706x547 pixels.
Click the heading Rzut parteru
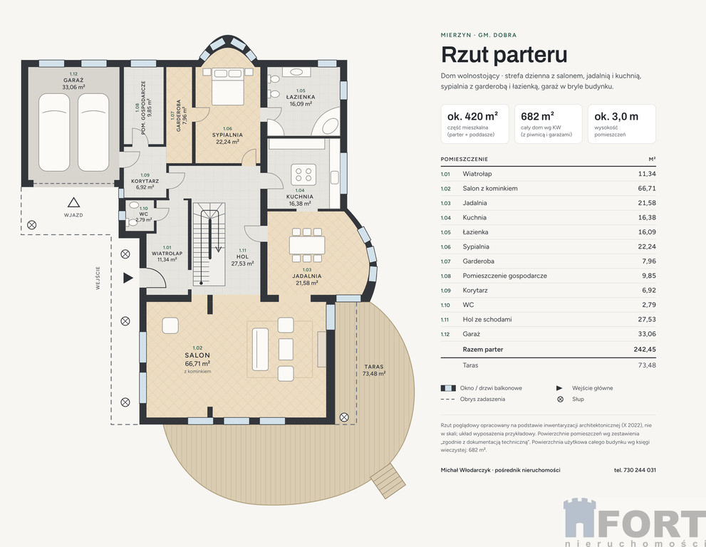(504, 54)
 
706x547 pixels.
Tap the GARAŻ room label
(73, 80)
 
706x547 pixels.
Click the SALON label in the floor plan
(197, 355)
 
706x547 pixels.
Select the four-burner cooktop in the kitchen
(303, 174)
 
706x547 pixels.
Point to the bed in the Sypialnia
(228, 86)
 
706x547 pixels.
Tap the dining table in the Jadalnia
(307, 245)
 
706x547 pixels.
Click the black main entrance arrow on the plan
(128, 278)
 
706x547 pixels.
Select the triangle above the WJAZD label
(74, 202)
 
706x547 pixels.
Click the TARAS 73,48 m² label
(374, 370)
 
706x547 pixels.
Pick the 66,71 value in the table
(647, 188)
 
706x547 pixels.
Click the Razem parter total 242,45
(645, 350)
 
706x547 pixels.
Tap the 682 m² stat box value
(537, 116)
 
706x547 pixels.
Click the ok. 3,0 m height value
(616, 117)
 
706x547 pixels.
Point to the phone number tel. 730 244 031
(635, 470)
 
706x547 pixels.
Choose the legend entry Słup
(578, 399)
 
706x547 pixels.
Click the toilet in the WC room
(134, 205)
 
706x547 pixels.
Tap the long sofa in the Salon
(260, 350)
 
